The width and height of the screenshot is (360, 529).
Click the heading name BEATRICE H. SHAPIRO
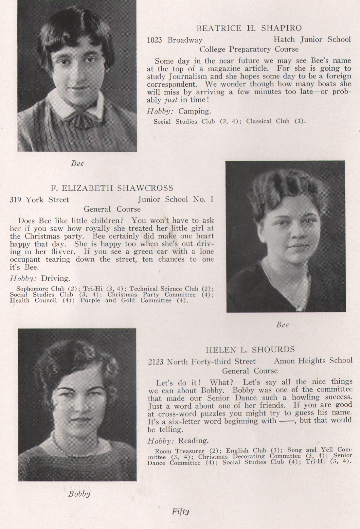[x=249, y=28]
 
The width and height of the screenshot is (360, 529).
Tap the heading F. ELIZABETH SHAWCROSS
[x=112, y=188]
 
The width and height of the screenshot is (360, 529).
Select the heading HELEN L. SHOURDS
[x=250, y=350]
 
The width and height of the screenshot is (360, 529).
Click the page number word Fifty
[x=180, y=511]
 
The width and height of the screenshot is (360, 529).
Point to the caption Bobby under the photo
[x=79, y=494]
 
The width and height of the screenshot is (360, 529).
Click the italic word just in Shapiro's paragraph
[x=171, y=100]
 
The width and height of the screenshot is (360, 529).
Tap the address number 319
[x=16, y=200]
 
